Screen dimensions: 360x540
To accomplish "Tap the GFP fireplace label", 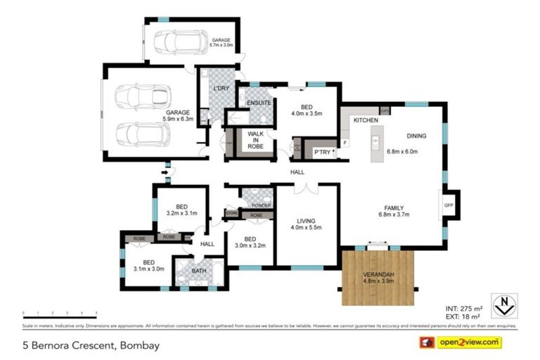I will [448, 205].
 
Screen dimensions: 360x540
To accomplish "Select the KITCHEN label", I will [366, 121].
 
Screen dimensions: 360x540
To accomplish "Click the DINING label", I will [417, 136].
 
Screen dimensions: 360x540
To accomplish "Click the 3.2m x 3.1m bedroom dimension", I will [181, 213].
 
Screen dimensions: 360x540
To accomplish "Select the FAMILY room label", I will [394, 207].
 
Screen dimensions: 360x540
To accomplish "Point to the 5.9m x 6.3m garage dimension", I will [178, 118].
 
